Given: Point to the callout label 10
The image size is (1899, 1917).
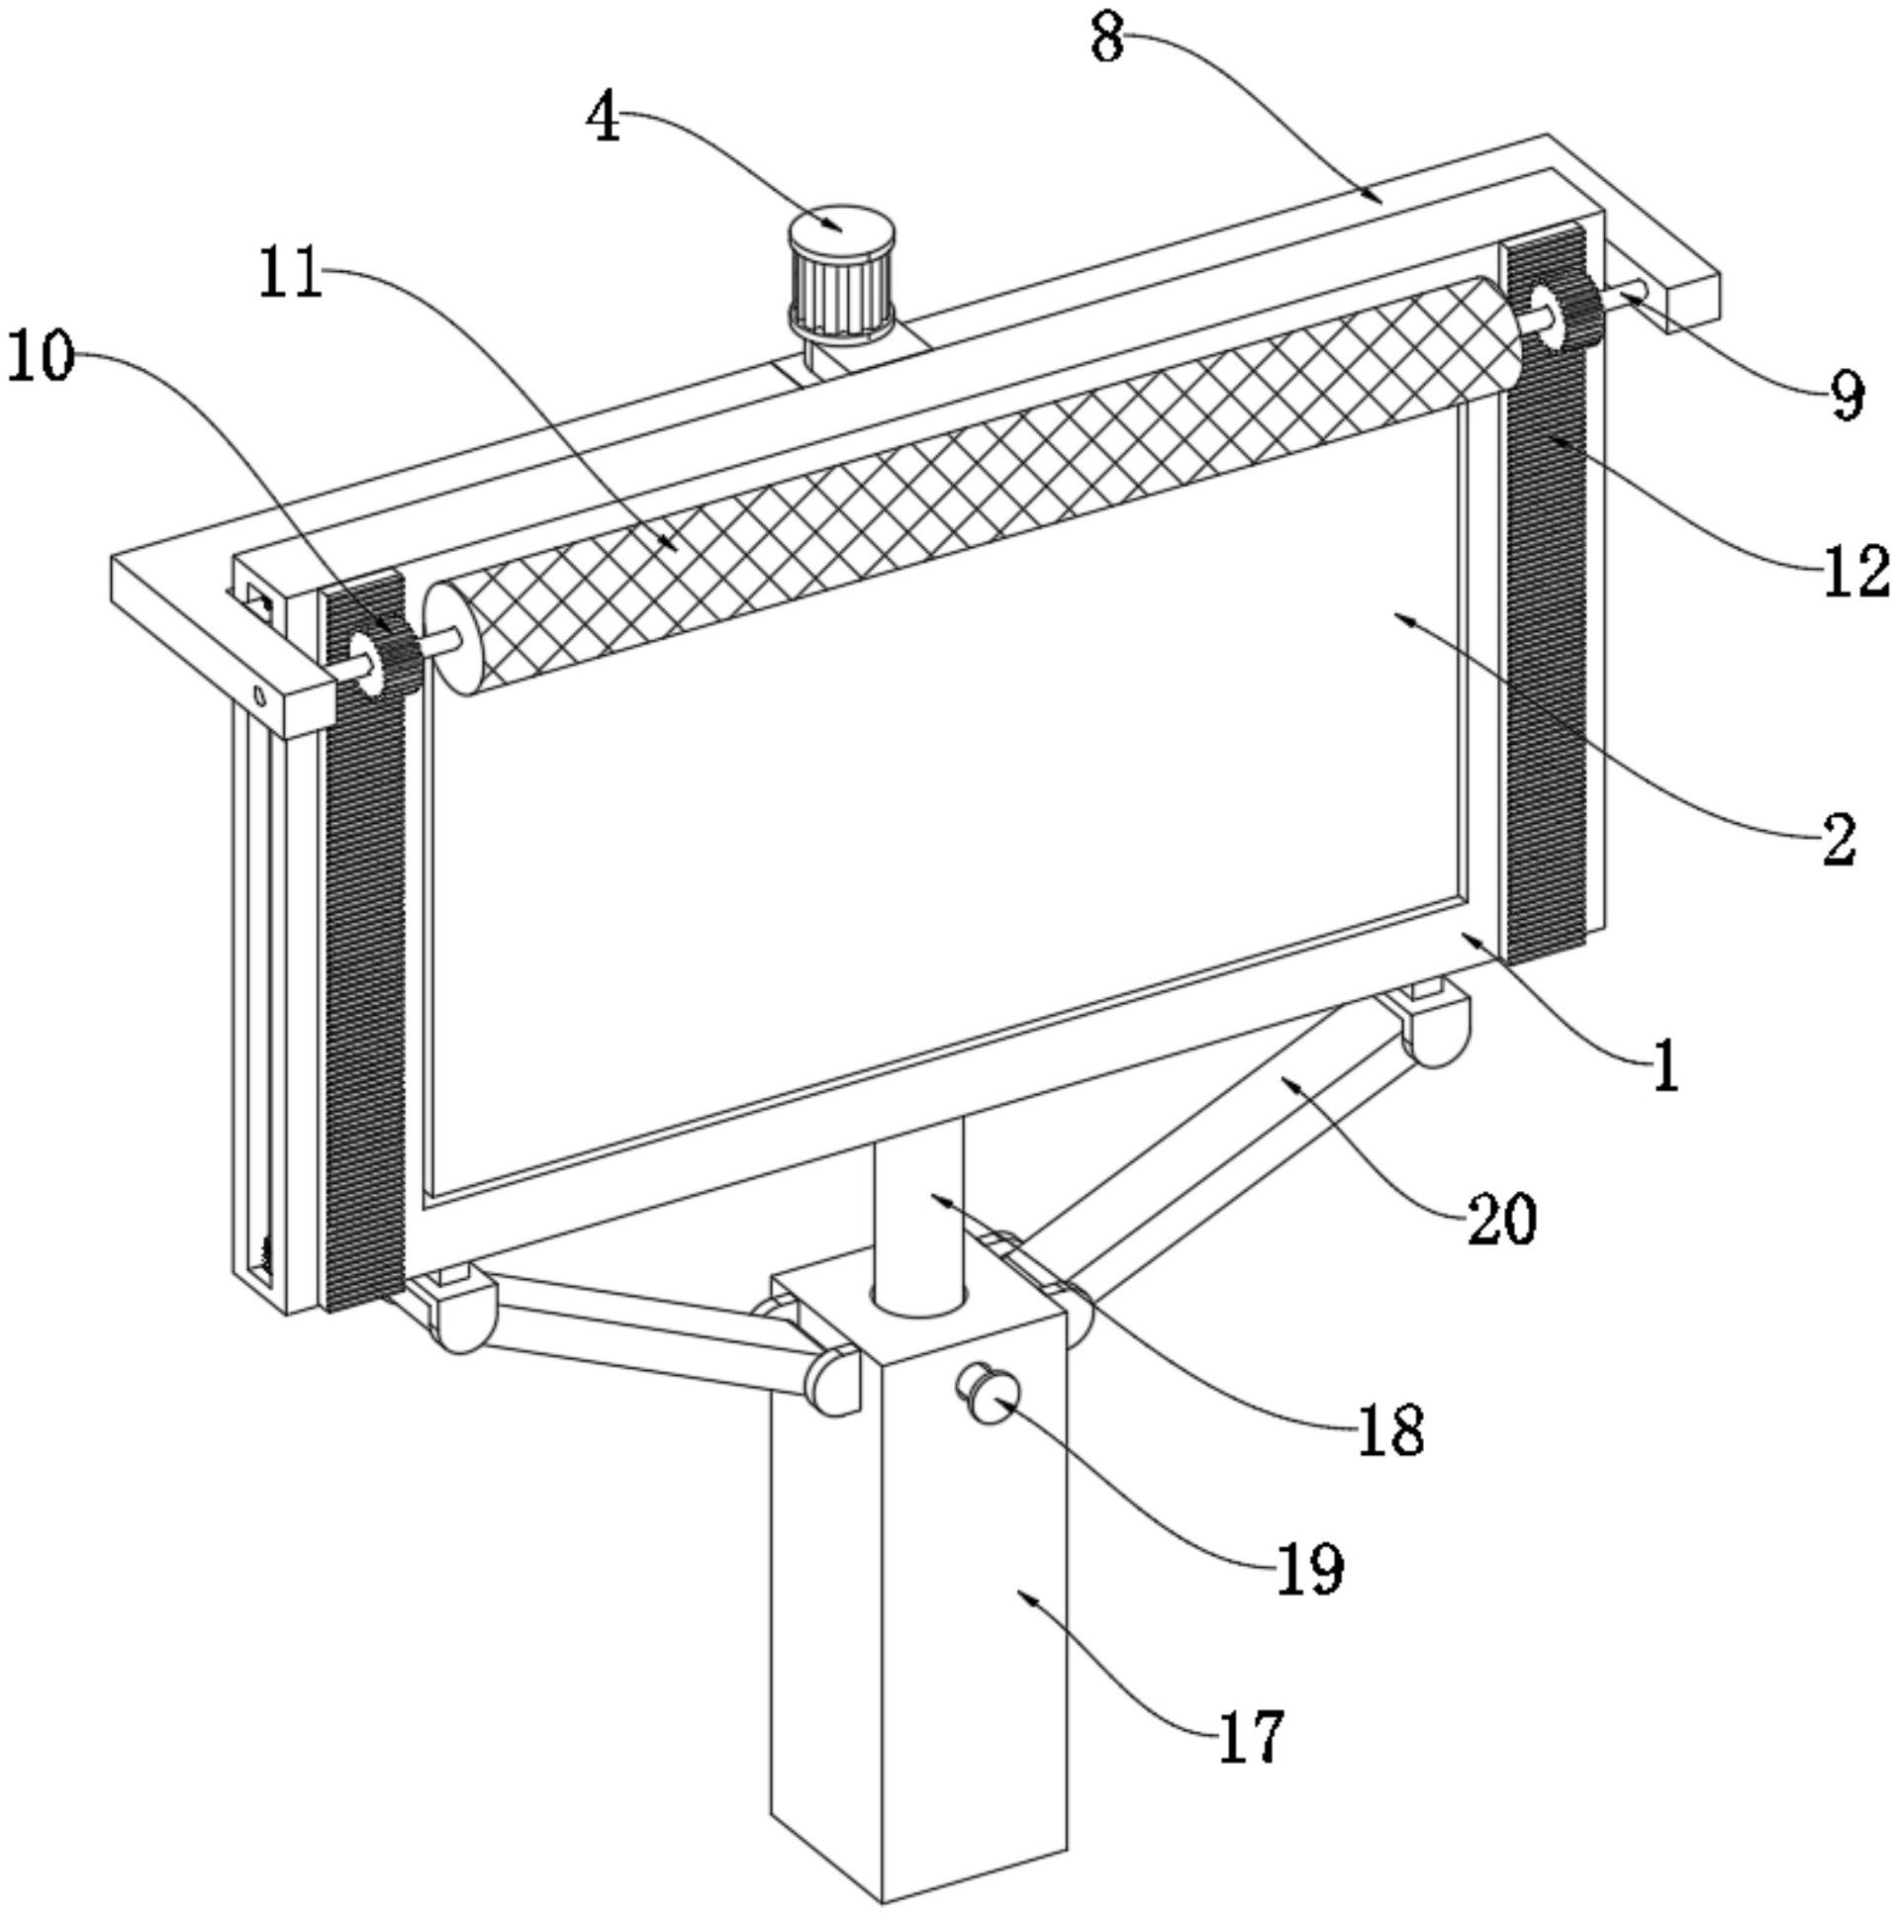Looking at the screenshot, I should pos(41,356).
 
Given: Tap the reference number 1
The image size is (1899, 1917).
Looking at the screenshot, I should pos(1665,1067).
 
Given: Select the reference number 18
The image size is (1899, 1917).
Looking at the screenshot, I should pos(1389,1430).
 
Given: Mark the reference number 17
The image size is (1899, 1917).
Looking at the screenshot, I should pos(1251,1736).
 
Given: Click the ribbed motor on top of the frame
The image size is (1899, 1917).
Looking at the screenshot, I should pos(842,273).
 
